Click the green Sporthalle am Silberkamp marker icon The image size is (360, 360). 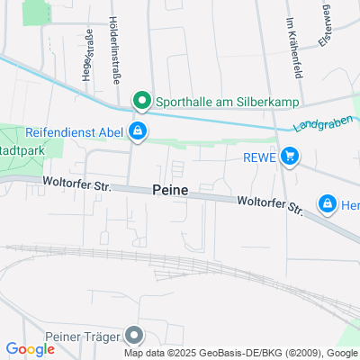(140, 100)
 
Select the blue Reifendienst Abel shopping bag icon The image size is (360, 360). (137, 133)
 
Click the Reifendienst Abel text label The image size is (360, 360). (74, 133)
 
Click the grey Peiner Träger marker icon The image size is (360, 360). (135, 336)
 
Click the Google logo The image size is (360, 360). (30, 349)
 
